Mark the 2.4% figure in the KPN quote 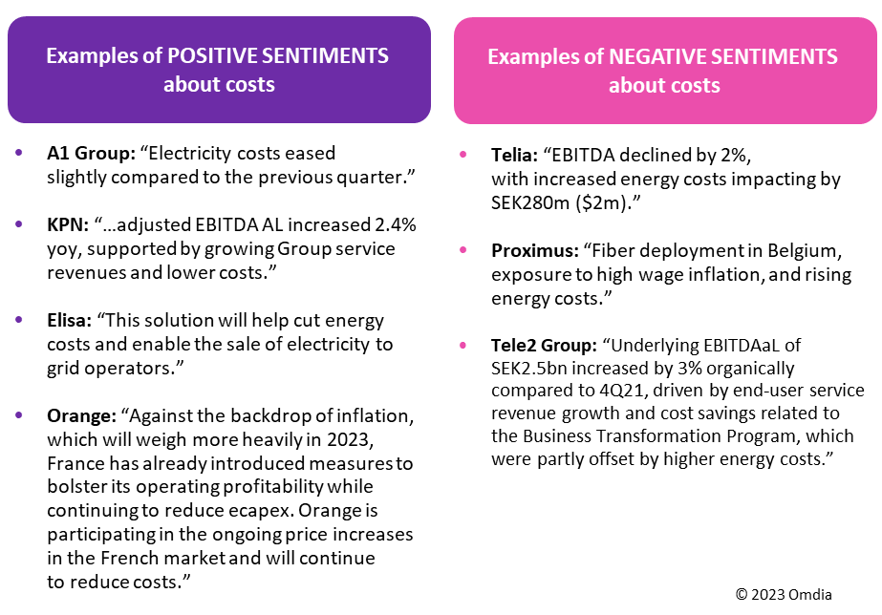click(394, 225)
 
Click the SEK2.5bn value click(535, 368)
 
